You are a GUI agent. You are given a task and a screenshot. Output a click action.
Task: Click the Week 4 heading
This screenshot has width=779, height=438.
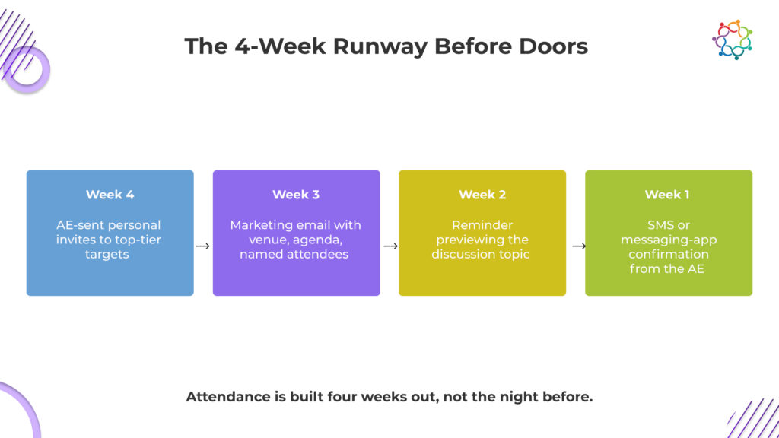110,195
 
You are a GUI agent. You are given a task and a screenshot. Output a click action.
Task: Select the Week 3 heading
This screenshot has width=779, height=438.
296,195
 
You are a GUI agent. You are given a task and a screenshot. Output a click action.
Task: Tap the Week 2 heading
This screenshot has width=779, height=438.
482,195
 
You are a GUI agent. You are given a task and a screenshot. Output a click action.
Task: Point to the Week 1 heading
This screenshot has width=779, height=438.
666,195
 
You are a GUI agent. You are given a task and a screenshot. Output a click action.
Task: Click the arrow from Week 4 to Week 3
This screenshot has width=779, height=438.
202,246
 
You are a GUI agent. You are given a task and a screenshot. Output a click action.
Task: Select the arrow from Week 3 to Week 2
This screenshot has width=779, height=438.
390,246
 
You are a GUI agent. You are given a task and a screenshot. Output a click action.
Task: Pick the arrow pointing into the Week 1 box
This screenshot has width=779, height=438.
578,246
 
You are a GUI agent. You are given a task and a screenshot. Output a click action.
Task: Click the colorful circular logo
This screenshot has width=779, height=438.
732,40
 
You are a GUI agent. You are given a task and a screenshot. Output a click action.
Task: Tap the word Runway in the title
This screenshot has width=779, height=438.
380,46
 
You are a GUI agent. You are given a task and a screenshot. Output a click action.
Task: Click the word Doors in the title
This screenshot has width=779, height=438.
554,46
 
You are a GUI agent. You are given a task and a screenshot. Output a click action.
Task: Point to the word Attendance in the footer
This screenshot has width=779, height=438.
228,397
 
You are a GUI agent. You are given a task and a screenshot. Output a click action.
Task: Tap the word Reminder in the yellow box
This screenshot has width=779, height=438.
482,225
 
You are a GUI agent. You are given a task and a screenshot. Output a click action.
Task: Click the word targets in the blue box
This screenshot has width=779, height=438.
107,254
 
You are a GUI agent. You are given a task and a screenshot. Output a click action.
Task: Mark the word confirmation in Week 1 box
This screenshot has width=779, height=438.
668,254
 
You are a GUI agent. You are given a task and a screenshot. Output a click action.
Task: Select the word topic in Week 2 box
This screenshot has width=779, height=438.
514,255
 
